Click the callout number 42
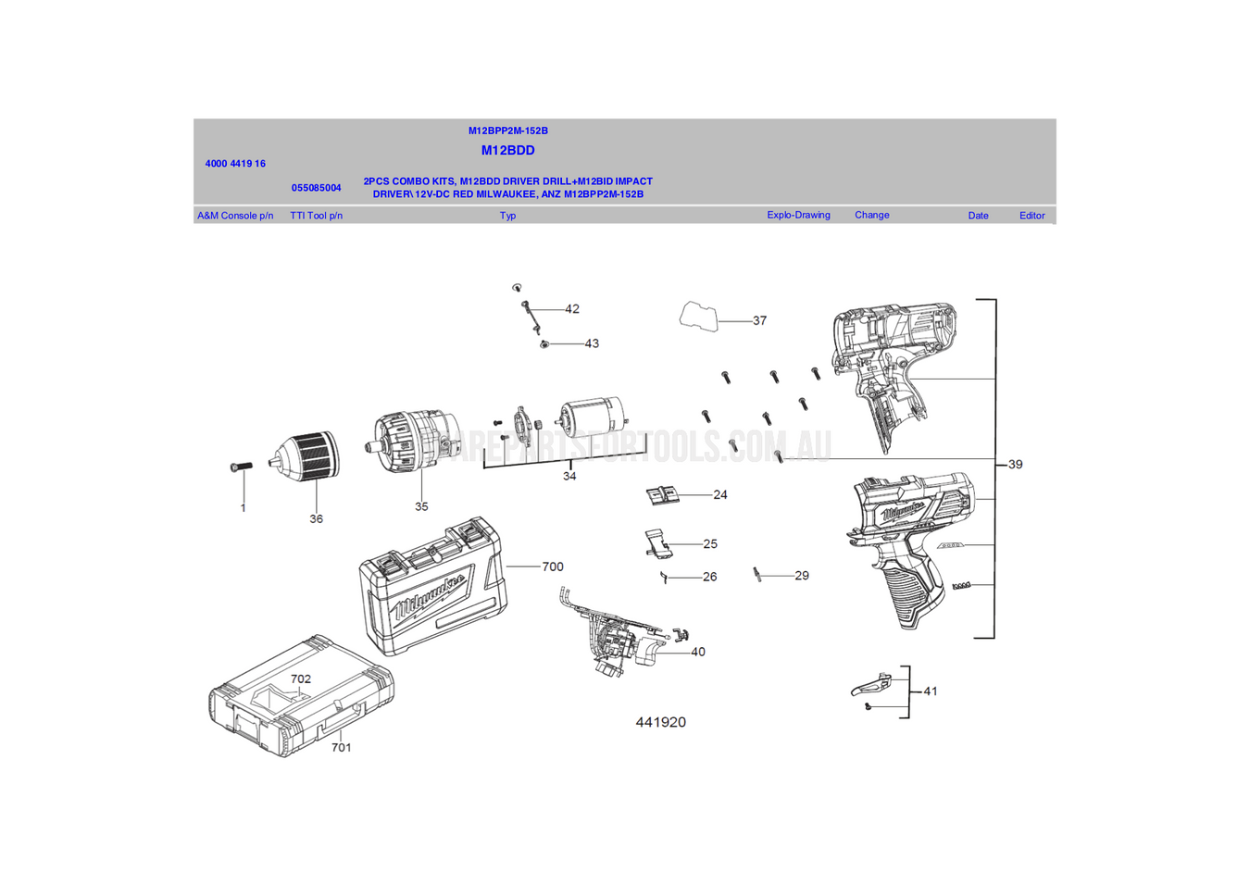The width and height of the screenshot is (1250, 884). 571,309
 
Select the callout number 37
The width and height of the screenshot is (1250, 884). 759,321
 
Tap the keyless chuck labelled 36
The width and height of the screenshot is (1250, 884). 308,456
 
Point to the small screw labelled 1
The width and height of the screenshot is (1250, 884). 241,467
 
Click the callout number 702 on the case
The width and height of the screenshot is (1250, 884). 301,679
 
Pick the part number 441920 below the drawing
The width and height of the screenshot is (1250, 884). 660,722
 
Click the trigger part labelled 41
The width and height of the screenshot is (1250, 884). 871,686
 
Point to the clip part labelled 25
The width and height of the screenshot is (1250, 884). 657,542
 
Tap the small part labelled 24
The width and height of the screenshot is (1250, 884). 662,496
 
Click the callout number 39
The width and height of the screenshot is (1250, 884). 1015,465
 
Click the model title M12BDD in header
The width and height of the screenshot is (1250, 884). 507,150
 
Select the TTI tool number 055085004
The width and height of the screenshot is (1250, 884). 316,188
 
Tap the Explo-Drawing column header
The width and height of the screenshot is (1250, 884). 798,215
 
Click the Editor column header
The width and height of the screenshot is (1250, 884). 1031,216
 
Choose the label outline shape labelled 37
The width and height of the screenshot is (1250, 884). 699,317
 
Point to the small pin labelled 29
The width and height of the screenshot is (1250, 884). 757,575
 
